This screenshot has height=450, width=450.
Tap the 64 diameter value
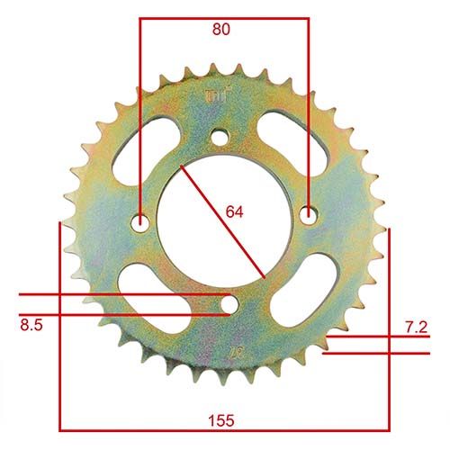click(x=235, y=212)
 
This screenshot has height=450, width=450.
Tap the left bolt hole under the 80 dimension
click(x=140, y=220)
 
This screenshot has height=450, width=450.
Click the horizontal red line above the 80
click(x=223, y=17)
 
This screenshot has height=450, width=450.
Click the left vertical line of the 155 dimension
click(x=59, y=324)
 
